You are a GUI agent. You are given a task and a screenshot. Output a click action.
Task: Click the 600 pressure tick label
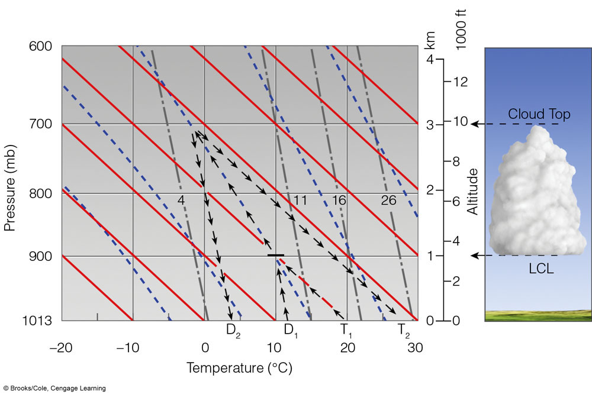pos(40,46)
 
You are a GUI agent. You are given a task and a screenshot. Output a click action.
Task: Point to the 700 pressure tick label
pos(40,124)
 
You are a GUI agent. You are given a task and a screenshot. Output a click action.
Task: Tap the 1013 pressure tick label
pos(37,321)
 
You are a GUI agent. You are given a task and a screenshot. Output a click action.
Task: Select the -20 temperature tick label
pos(61,347)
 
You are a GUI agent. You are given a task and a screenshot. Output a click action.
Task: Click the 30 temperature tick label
pos(415,347)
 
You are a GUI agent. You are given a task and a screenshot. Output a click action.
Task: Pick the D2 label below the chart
pos(233,330)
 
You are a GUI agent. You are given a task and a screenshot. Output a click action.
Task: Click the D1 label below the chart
pos(291,330)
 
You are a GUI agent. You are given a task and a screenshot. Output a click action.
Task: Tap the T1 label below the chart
pos(346,330)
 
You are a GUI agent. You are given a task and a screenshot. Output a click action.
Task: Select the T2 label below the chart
pos(404,330)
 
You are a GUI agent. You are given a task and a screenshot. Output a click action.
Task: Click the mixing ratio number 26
pos(388,200)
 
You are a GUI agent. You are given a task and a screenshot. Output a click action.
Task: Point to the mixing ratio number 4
pos(181,200)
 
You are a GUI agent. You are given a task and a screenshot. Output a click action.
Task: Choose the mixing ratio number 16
pos(339,200)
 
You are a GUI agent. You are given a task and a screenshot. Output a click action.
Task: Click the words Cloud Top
pos(539,114)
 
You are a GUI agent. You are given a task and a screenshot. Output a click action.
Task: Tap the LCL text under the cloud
pos(541,269)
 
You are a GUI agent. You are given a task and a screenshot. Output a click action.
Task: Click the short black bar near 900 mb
pos(276,256)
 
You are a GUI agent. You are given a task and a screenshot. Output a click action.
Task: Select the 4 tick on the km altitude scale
pos(430,59)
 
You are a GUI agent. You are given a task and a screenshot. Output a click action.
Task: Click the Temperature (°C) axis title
pos(239,367)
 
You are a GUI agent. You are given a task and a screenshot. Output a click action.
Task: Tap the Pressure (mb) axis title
pos(10,188)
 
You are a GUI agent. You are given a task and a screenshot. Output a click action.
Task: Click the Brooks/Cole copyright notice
pos(54,388)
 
